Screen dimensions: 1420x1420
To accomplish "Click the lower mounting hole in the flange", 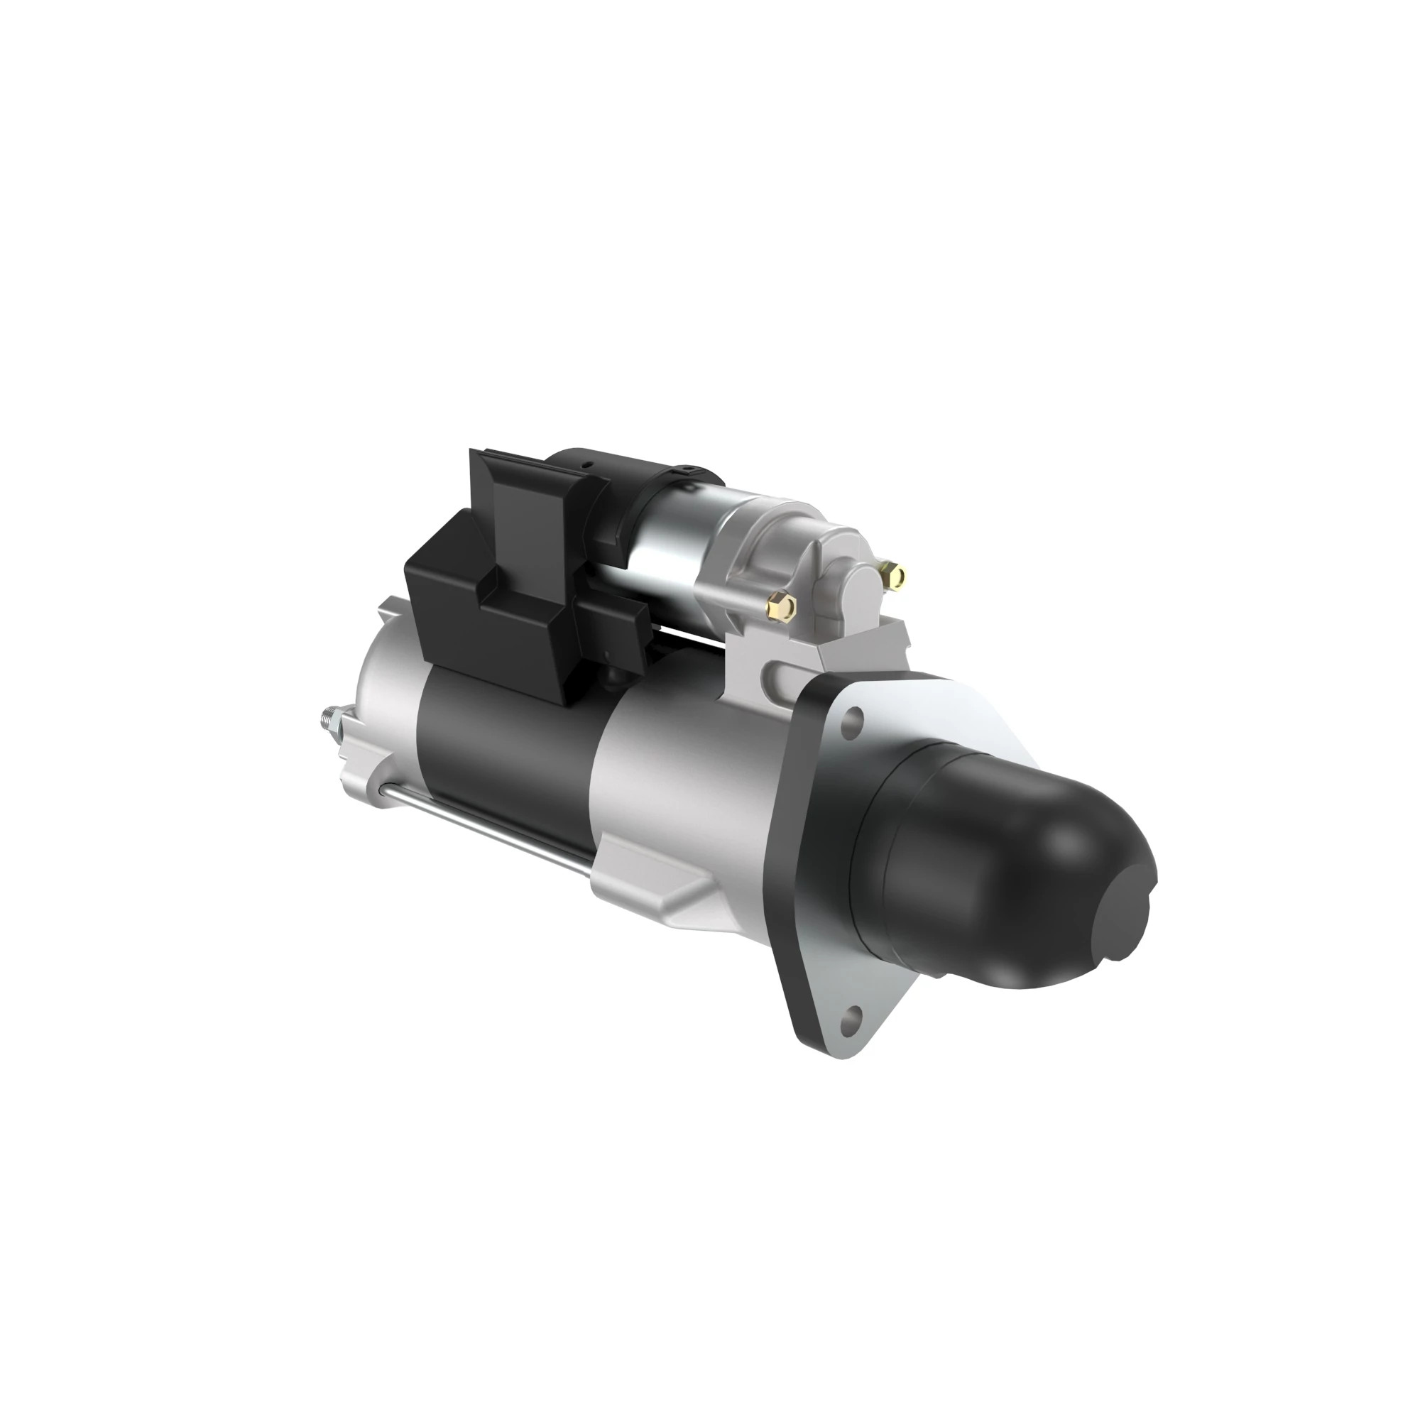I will coord(852,1017).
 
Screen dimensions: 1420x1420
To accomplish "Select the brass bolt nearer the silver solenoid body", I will coord(781,606).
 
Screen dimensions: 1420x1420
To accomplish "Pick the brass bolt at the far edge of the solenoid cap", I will coord(895,575).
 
